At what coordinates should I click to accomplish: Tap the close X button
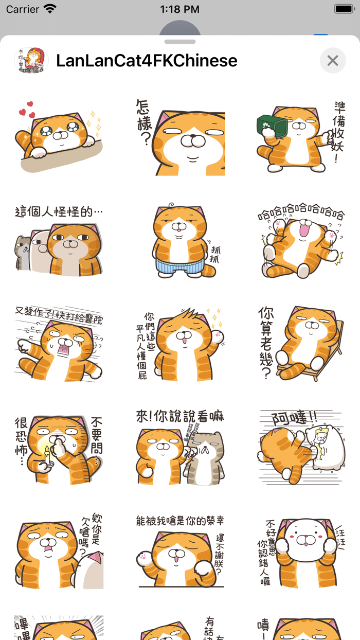333,61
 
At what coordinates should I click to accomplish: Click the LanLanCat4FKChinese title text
147,61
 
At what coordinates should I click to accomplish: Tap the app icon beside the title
31,61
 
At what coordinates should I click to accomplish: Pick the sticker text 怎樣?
145,122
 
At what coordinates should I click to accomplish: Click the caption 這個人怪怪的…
59,211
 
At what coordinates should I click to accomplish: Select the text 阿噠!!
295,416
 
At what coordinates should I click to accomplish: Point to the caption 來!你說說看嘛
180,416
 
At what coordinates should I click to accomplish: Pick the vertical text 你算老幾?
266,342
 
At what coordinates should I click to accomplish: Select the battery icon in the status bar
343,9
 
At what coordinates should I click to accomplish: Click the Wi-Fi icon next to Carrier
50,9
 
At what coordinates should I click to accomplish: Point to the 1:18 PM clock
179,9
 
